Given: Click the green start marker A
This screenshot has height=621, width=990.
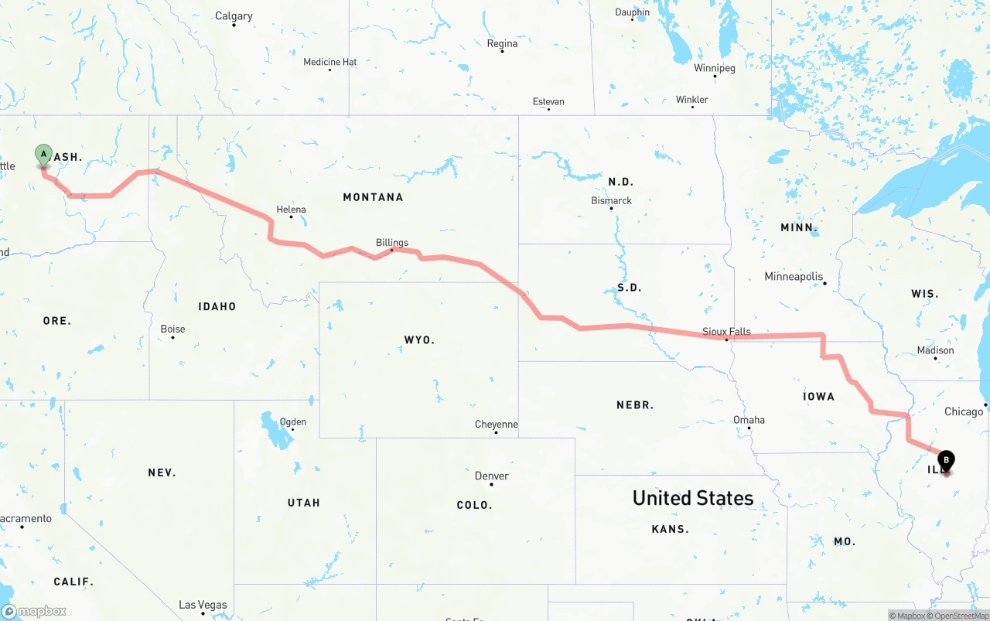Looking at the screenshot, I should [44, 155].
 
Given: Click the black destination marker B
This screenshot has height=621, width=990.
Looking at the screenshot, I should [946, 461].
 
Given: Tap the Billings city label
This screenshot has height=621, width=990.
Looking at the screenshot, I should [391, 243].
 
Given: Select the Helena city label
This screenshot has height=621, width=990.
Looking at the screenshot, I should [291, 210].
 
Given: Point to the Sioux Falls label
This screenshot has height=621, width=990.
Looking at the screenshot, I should [726, 332].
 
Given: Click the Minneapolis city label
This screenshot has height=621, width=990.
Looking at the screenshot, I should [793, 277].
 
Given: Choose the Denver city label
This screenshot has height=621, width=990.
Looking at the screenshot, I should [492, 476].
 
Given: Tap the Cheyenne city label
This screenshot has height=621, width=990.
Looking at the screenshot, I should [496, 425].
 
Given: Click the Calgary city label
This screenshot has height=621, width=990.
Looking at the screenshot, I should [234, 16].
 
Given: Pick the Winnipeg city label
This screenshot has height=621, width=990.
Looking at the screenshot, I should [714, 68].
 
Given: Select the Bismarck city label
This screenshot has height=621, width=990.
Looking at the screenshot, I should [611, 201].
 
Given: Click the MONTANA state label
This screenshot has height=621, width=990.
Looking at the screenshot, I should [373, 197].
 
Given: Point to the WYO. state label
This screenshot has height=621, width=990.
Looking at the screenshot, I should [419, 340].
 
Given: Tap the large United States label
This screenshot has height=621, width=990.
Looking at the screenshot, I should [693, 498].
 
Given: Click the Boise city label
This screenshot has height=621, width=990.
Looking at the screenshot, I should [172, 329].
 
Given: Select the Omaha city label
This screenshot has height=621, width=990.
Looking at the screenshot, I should [749, 420].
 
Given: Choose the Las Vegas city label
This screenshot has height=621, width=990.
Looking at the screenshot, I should [203, 605].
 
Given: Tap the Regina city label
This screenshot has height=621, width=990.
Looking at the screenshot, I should [502, 44].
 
